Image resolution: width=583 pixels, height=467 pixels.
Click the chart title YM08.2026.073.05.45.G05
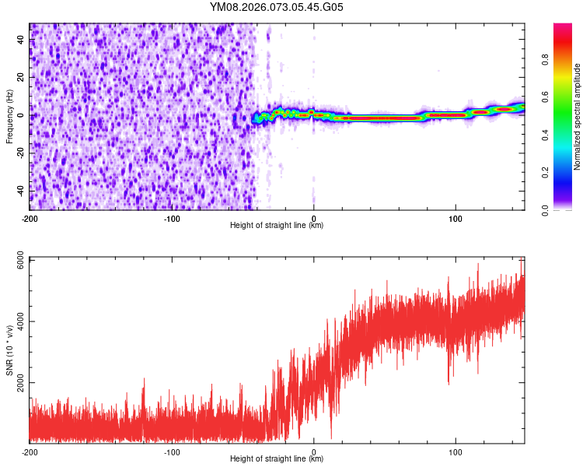click(276, 7)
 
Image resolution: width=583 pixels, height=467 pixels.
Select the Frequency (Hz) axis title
click(9, 117)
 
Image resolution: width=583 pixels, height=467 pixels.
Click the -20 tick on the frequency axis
click(21, 153)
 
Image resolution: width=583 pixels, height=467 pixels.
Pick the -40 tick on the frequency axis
click(21, 190)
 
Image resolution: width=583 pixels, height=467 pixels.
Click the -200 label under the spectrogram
click(30, 218)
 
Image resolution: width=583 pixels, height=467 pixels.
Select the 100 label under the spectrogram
click(456, 218)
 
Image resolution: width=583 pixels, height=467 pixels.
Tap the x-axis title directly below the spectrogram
click(277, 226)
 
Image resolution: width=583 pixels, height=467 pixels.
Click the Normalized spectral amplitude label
click(578, 117)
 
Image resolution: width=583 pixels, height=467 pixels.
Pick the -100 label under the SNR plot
click(172, 451)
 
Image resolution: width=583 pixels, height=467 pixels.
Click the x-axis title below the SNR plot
click(277, 459)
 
